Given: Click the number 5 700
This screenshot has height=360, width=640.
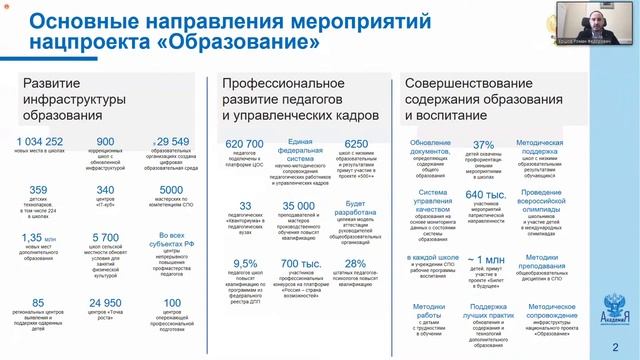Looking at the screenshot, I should pos(105,238).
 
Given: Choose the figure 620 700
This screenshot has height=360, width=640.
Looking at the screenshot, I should pos(245,144).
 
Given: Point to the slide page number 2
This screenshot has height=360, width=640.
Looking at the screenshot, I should pos(625,346).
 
